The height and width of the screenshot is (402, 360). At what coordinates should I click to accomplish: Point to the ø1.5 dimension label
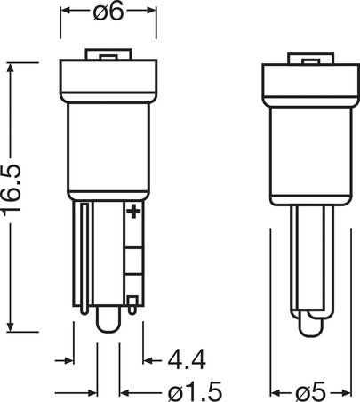tap(190, 390)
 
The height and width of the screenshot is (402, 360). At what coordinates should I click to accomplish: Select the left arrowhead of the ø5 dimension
tap(271, 390)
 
